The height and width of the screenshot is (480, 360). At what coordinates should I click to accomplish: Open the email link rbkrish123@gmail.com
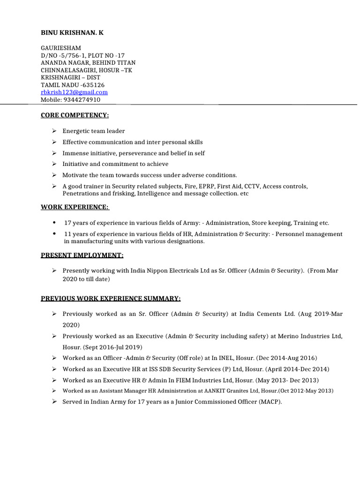click(74, 92)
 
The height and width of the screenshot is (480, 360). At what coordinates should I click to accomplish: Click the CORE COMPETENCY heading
click(75, 115)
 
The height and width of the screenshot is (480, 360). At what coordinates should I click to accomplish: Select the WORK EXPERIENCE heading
click(75, 207)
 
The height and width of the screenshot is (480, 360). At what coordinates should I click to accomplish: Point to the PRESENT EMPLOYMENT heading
click(82, 255)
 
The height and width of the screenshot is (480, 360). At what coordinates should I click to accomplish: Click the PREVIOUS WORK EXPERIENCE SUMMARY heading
click(111, 299)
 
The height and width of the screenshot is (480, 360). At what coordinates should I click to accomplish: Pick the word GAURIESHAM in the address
click(61, 48)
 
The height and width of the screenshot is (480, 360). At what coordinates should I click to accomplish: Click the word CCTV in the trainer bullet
click(251, 186)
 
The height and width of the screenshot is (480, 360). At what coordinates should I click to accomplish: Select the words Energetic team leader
click(94, 131)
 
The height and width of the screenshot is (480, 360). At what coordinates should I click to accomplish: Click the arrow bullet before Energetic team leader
click(54, 131)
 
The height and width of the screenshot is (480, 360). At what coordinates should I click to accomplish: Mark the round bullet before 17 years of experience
click(55, 223)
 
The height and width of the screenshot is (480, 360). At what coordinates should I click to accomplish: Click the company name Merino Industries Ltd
click(310, 336)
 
